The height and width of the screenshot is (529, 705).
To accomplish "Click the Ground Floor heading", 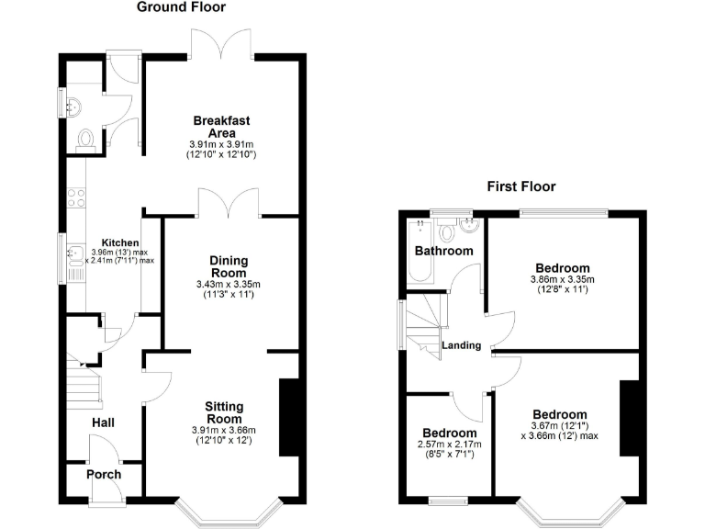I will coord(181,7).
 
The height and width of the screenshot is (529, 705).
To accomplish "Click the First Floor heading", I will coord(520,186).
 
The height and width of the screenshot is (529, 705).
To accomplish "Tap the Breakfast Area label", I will coord(221,127).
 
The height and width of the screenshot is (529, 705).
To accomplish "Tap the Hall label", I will coord(104,422).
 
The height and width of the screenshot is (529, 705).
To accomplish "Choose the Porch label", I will coord(104,475).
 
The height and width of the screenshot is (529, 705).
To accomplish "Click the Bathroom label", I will coord(443,251).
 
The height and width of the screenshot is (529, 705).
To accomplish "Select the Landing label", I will coord(461,345).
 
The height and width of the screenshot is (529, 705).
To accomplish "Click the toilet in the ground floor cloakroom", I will coord(86,138).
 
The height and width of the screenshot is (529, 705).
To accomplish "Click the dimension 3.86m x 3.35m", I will coord(562,279).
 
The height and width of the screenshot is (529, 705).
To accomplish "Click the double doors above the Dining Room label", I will coord(229,202).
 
